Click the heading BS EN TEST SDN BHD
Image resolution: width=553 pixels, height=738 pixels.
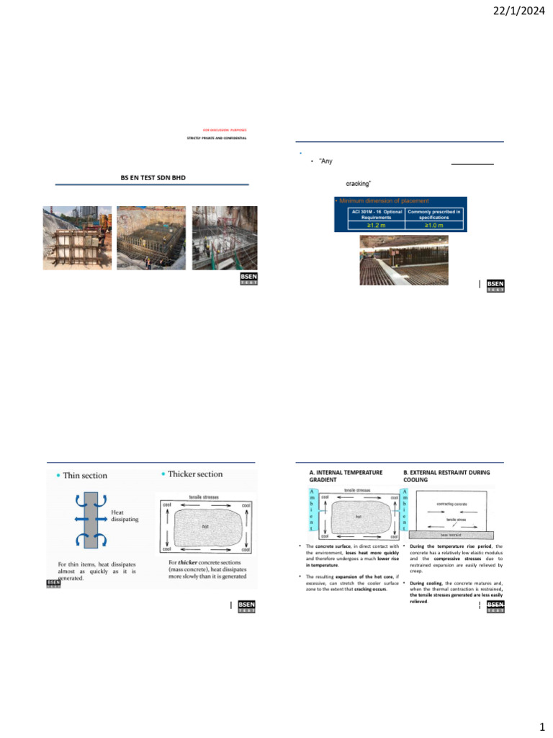pos(153,177)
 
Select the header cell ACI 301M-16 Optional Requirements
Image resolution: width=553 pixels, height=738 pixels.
pos(371,214)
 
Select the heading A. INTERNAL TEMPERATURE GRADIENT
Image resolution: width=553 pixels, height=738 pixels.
pos(346,475)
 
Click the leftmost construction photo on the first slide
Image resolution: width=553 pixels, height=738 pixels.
pos(76,238)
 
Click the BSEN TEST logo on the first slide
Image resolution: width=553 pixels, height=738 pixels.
pos(248,280)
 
